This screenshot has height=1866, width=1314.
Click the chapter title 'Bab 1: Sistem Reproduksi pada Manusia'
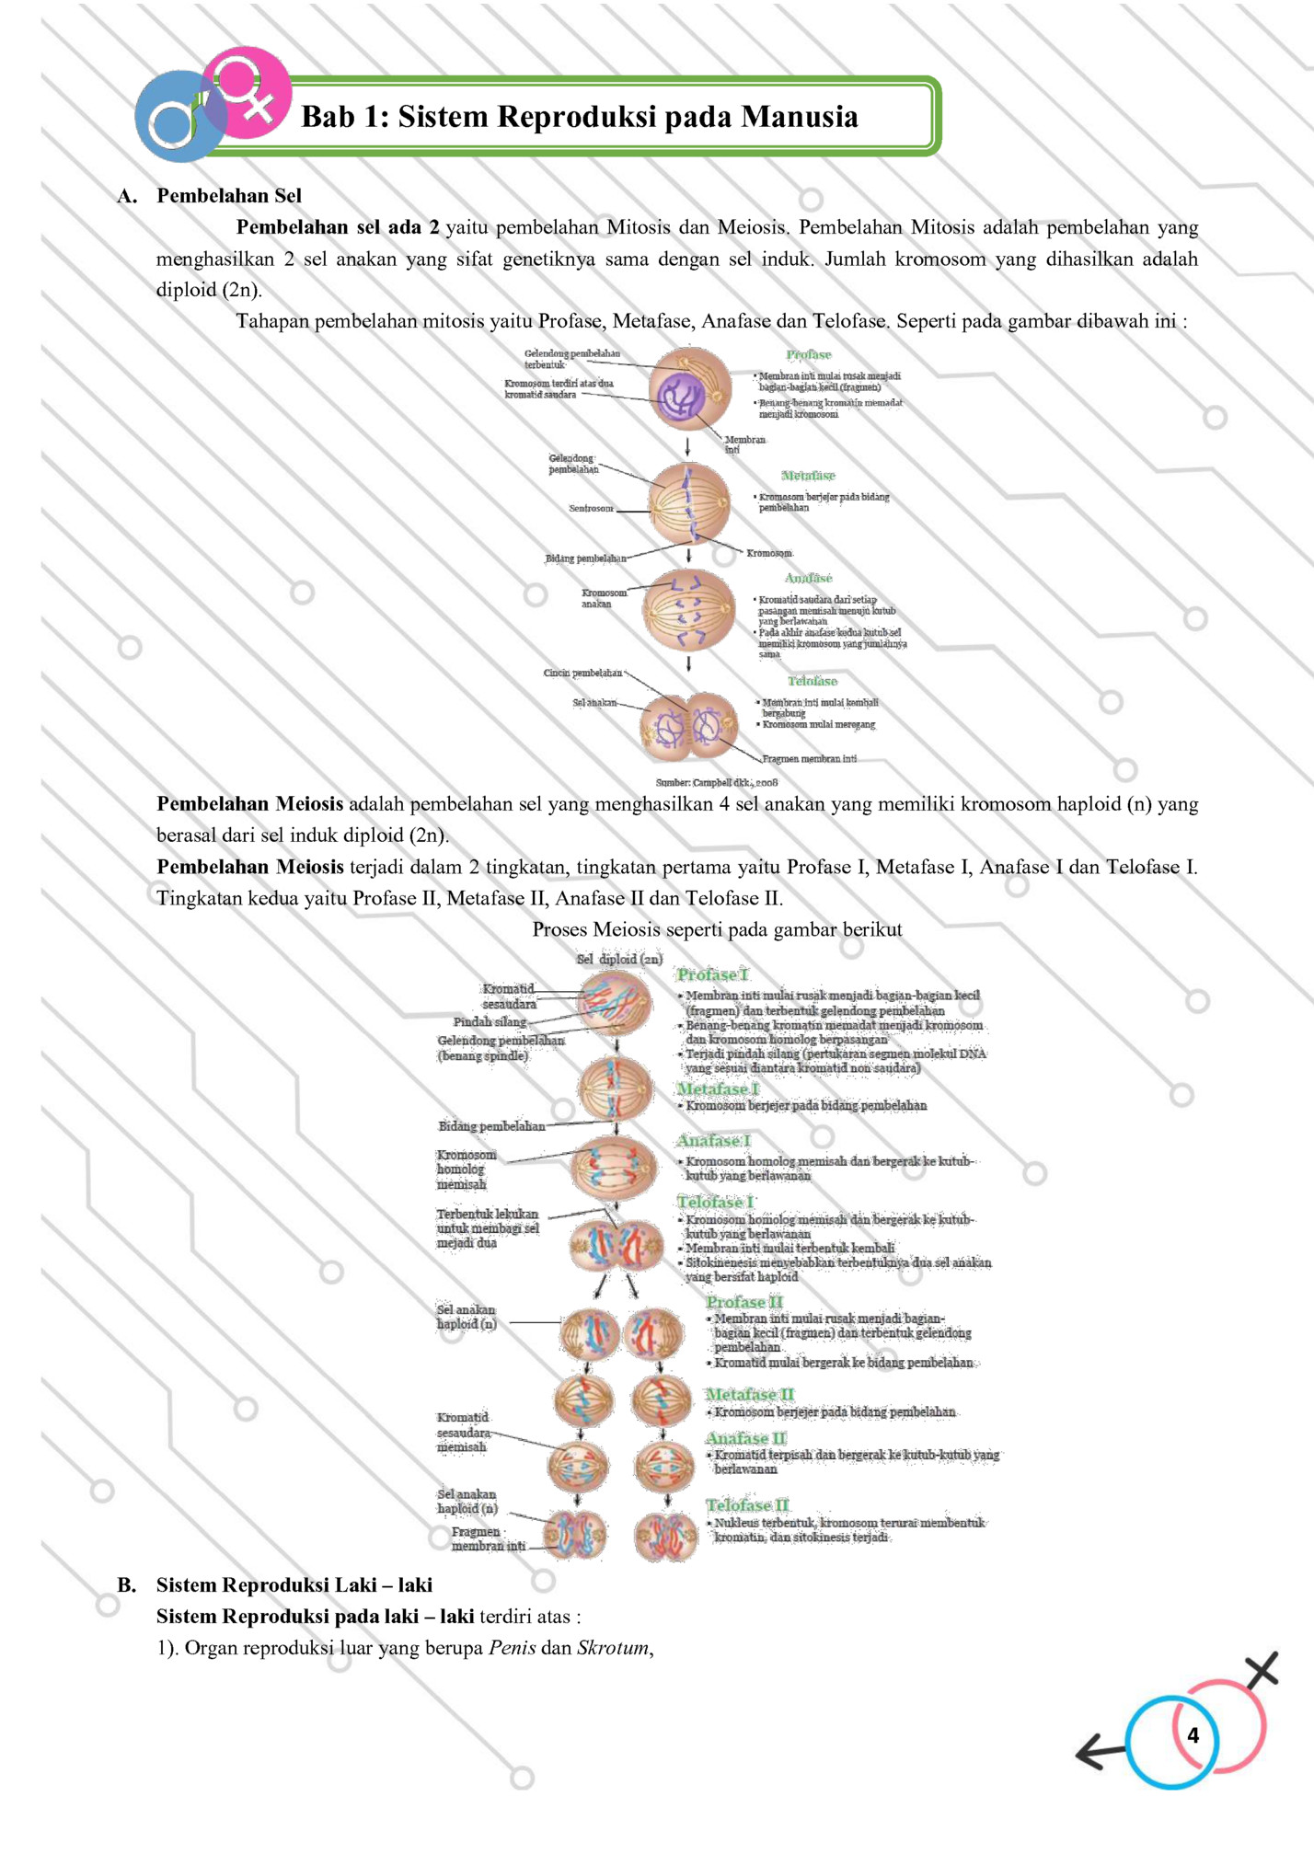[x=580, y=117]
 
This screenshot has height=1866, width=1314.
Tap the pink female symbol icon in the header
[x=246, y=92]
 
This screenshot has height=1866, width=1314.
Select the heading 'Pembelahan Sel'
[x=228, y=195]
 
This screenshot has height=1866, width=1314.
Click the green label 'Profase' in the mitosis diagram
[x=808, y=354]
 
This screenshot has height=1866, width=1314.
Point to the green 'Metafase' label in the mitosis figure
[x=808, y=476]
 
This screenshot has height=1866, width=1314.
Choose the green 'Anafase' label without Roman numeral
[x=808, y=578]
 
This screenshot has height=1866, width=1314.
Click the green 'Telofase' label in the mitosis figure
[x=812, y=681]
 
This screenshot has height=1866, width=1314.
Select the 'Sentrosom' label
[x=591, y=508]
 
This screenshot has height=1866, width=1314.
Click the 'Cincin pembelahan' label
[x=582, y=673]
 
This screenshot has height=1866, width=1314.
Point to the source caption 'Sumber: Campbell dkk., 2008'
[x=717, y=782]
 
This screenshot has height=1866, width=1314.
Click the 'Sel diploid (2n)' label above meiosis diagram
[x=619, y=959]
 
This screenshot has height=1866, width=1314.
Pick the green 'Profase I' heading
[x=712, y=974]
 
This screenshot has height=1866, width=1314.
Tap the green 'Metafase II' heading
[x=749, y=1394]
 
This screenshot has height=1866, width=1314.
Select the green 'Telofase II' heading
[x=747, y=1504]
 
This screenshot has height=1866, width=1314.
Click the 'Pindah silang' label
[x=490, y=1021]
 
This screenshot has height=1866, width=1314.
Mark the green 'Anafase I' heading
[x=713, y=1140]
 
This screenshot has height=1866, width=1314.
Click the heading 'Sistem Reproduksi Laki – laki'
[x=294, y=1584]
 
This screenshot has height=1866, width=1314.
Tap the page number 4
[x=1193, y=1735]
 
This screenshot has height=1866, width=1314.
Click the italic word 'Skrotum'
[x=612, y=1647]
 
